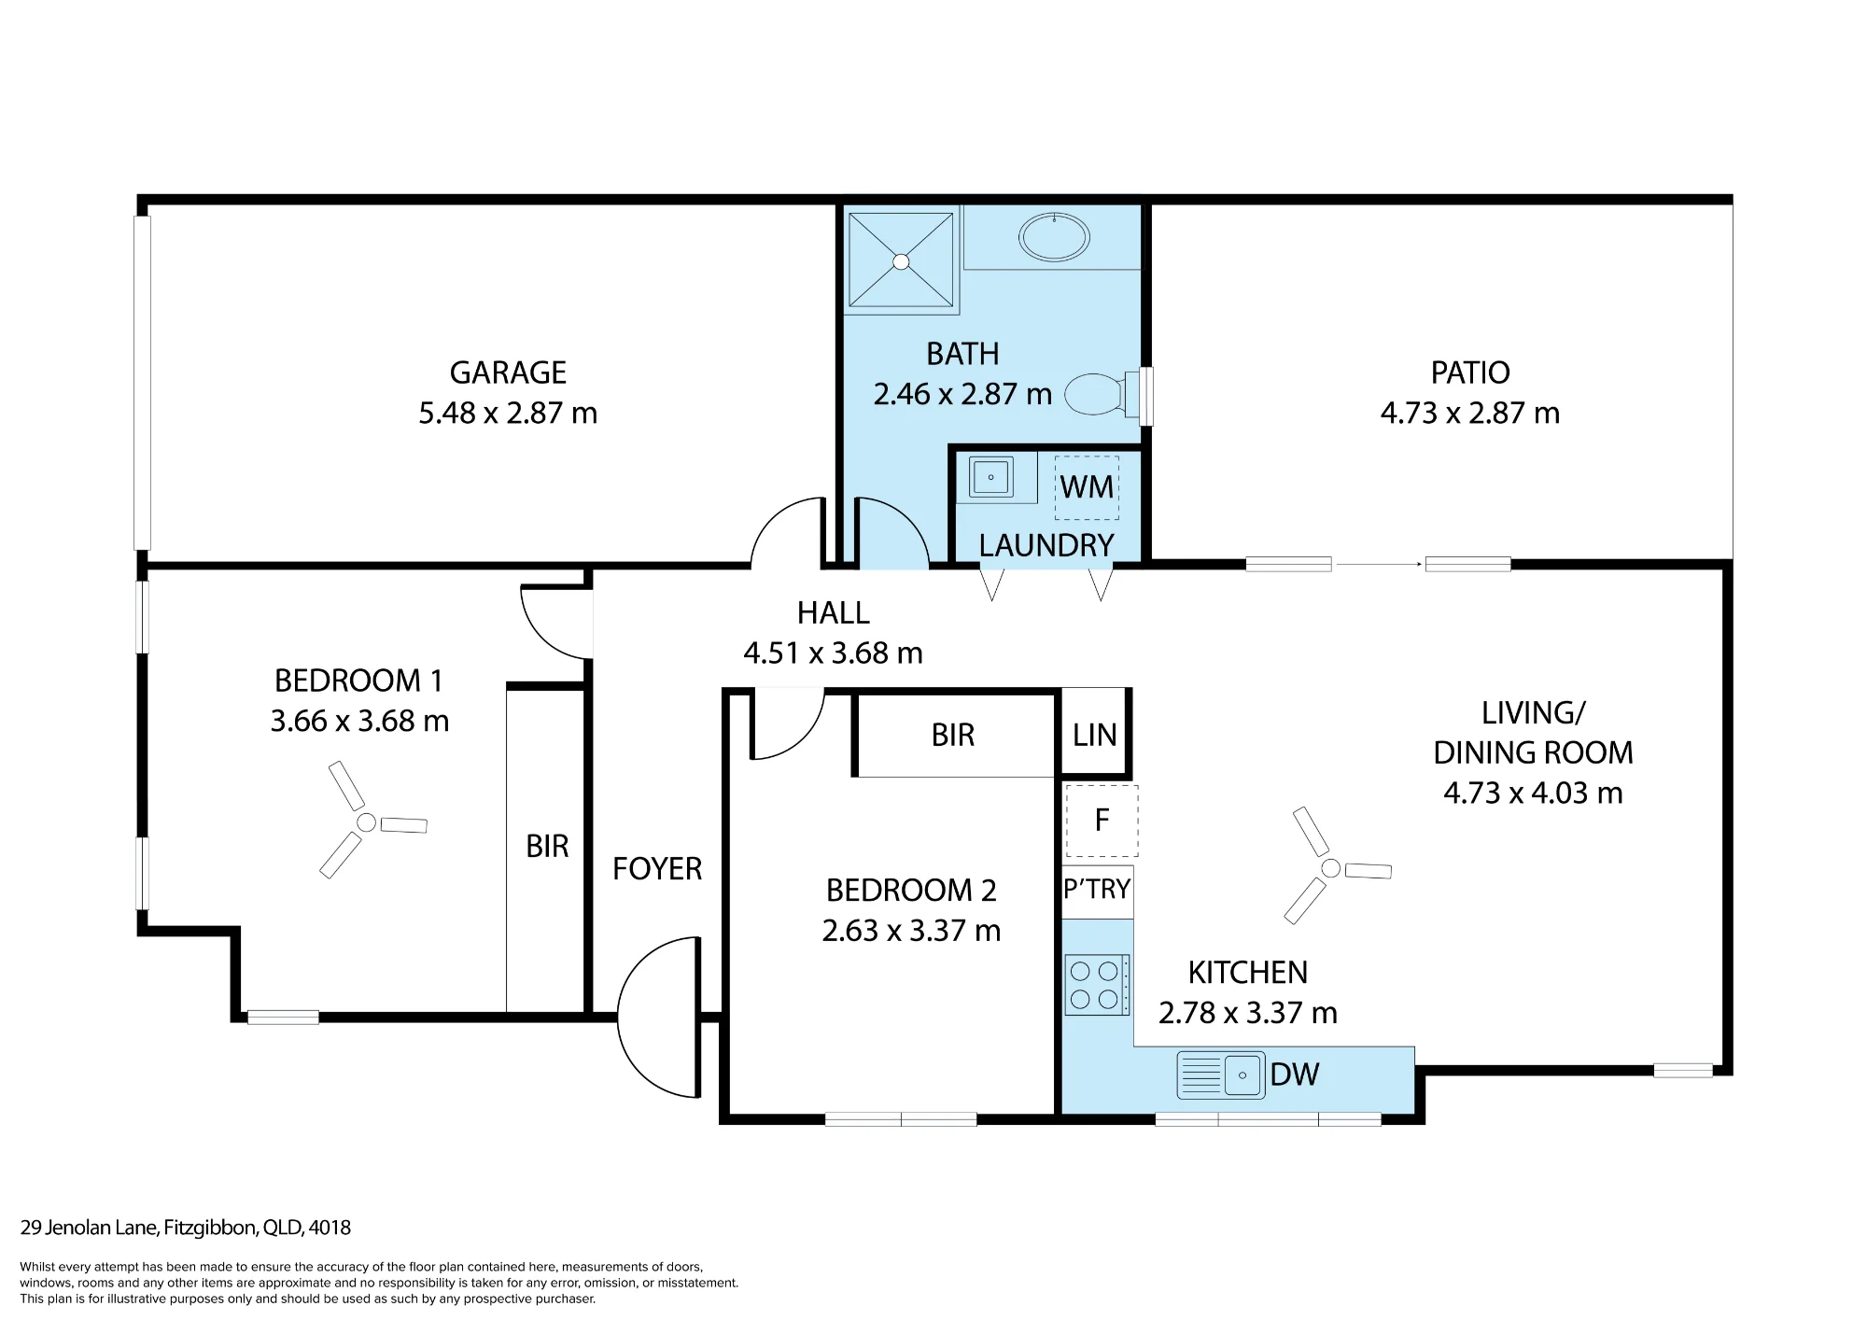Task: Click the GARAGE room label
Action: pos(508,372)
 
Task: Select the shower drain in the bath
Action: pos(901,262)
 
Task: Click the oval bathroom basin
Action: pos(1054,237)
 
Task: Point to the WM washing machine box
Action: pos(1087,487)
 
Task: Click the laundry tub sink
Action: pos(990,477)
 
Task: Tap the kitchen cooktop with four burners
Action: pos(1098,985)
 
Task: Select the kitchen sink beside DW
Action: pos(1221,1074)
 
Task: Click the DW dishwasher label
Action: pos(1295,1074)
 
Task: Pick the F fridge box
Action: pos(1102,821)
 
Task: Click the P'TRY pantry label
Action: pos(1097,889)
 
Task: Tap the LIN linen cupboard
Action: pos(1095,734)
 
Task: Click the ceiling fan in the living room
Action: pos(1331,868)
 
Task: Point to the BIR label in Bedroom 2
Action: pos(953,736)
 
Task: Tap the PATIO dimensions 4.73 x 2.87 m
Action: pos(1470,413)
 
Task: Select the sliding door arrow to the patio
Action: pos(1379,564)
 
